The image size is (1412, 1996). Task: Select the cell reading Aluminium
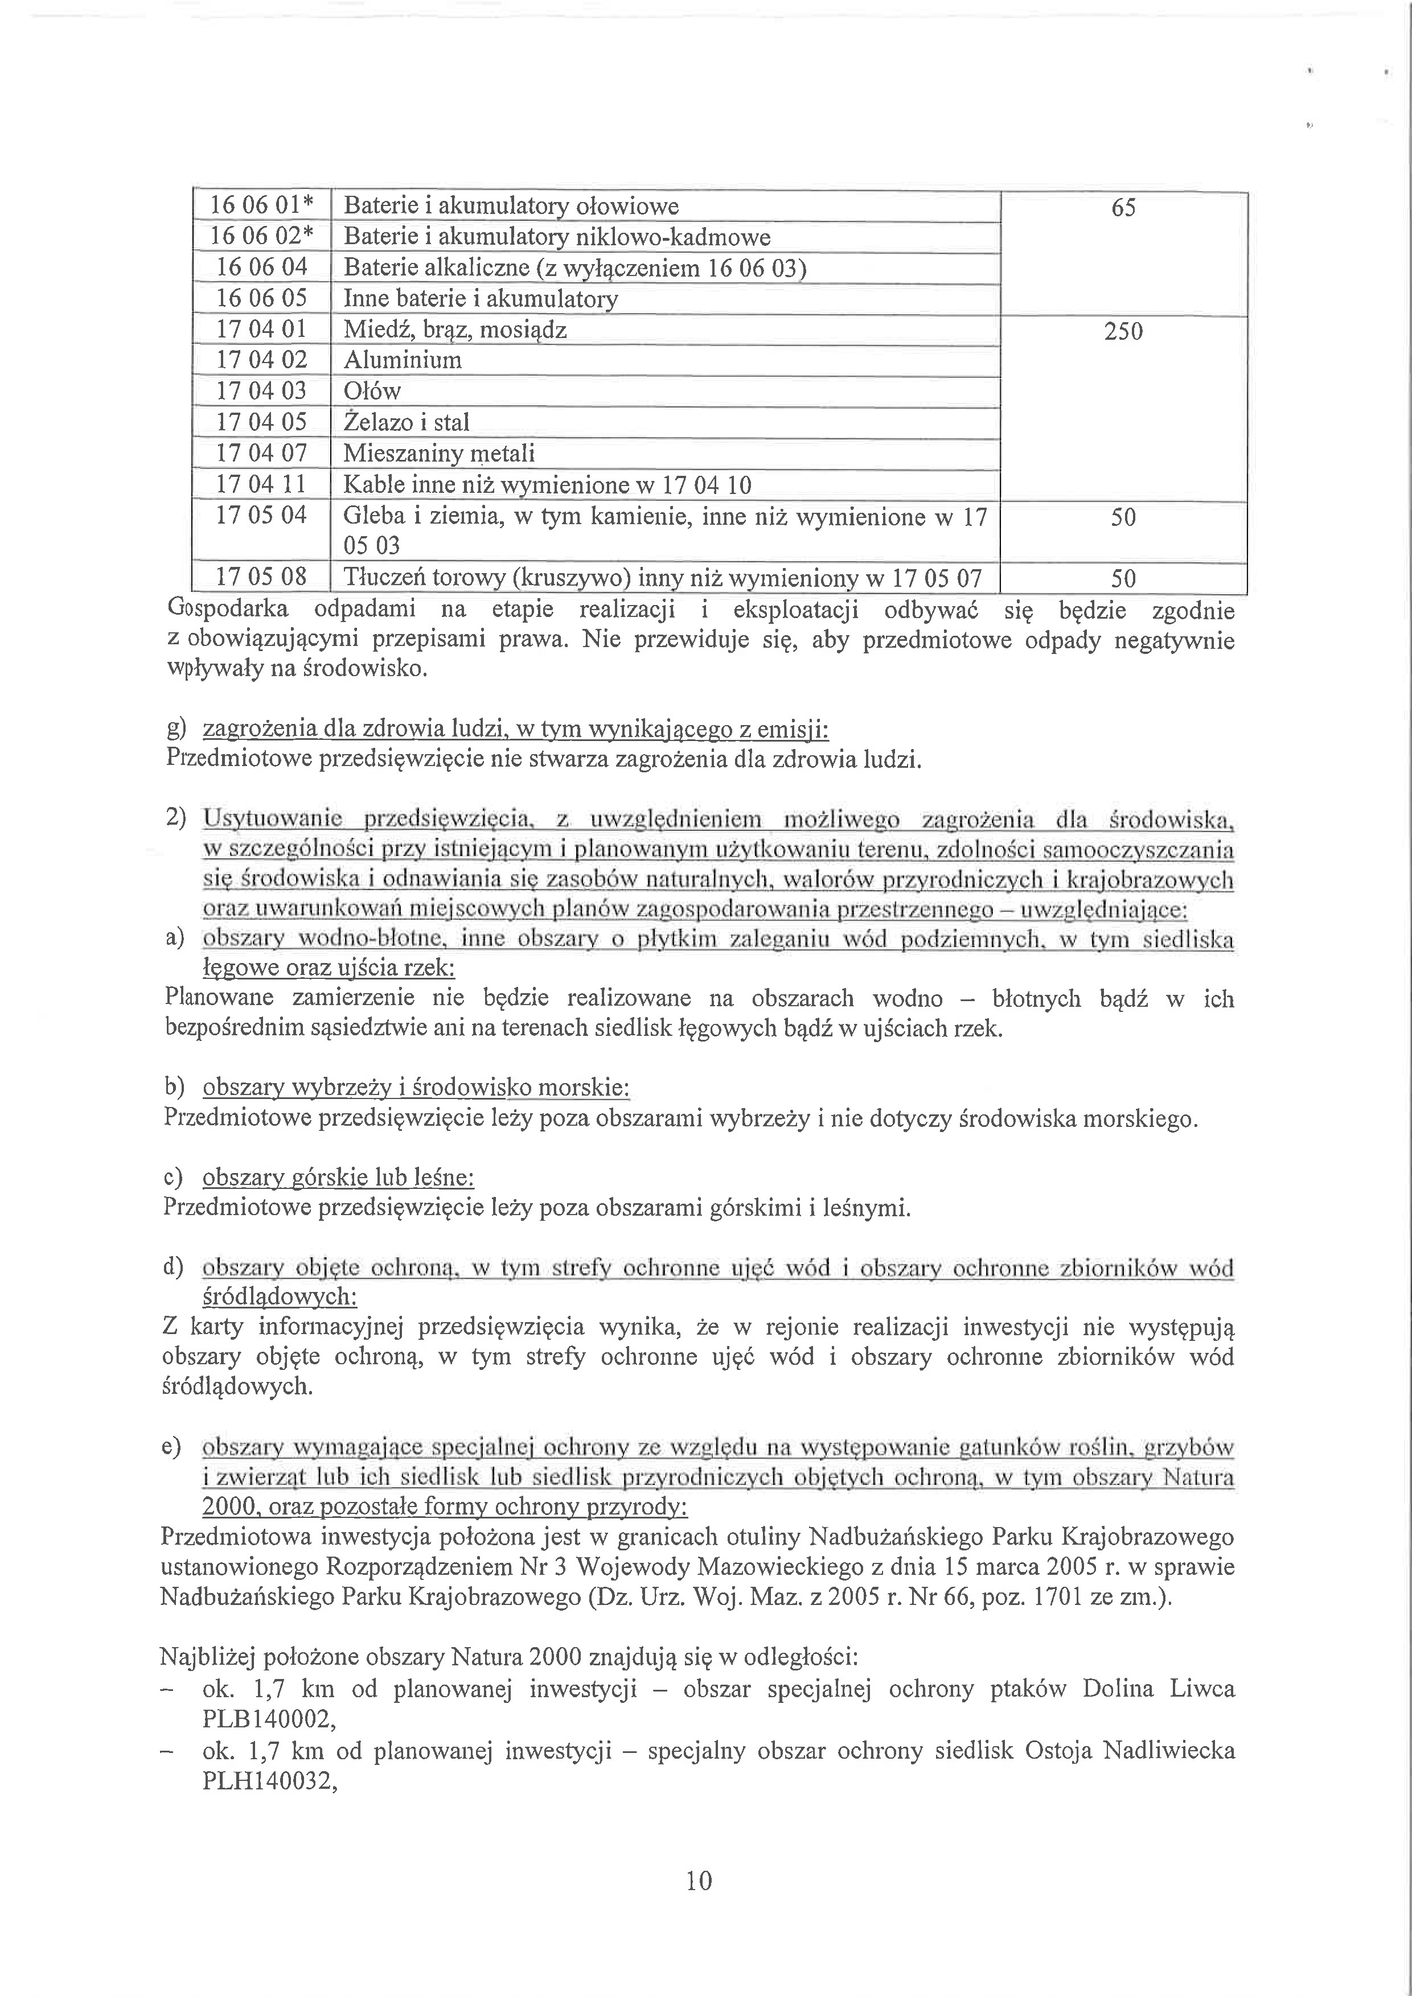click(x=403, y=360)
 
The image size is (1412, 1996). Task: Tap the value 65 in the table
click(x=1123, y=208)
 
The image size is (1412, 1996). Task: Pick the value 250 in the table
click(x=1123, y=331)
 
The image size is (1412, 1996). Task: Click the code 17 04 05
click(x=261, y=422)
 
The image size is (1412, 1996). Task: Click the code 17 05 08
click(x=261, y=577)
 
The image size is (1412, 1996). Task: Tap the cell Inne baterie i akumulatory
click(x=481, y=299)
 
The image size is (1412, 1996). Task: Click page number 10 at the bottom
click(x=699, y=1880)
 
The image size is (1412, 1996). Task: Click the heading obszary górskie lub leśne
click(x=338, y=1178)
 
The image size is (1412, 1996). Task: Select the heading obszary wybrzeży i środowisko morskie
click(x=416, y=1088)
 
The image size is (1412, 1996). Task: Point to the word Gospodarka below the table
click(x=227, y=610)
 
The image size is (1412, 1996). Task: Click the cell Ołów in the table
click(x=372, y=391)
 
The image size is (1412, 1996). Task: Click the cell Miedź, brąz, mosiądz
click(x=455, y=330)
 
